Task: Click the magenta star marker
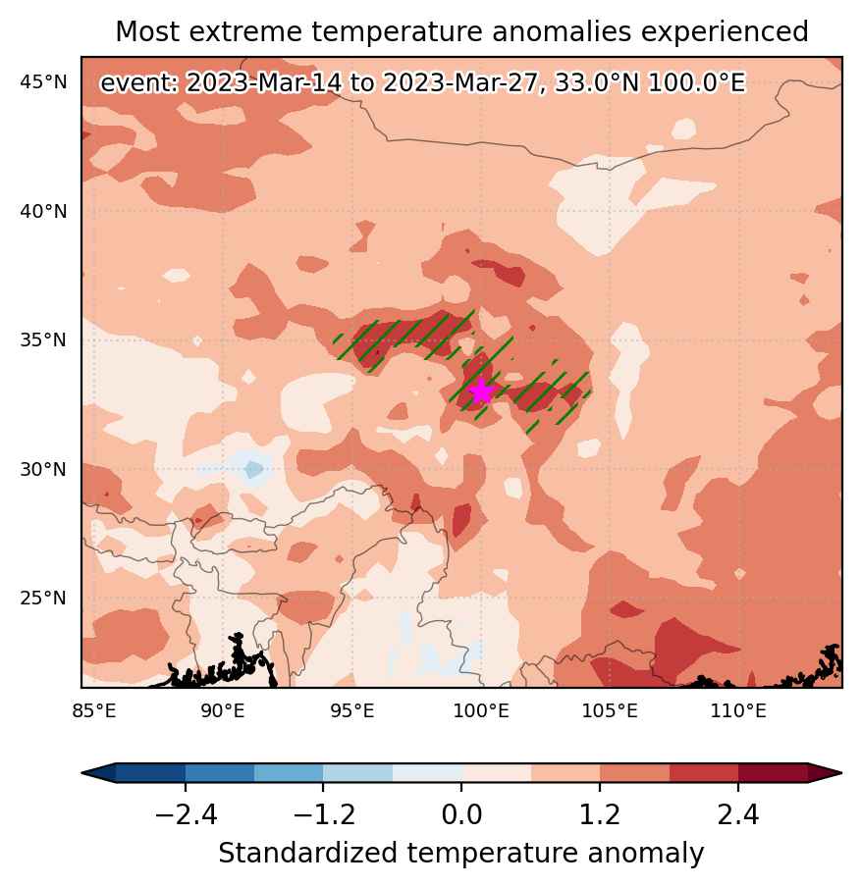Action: pos(481,391)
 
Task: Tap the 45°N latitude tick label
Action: pos(43,82)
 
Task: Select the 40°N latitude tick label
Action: pos(43,212)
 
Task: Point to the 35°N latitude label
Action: pos(43,340)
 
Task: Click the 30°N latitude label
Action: pos(43,470)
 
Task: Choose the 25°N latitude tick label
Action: pos(43,598)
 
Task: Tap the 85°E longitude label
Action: pos(94,710)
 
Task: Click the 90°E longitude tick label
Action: pos(223,710)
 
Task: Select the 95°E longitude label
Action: pos(352,710)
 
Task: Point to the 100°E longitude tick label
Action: pos(481,710)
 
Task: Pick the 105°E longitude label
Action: pos(611,710)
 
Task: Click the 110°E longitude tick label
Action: pos(738,710)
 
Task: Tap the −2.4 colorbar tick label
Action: pos(186,815)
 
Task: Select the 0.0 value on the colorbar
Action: pos(462,815)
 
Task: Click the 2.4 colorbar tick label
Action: pos(738,815)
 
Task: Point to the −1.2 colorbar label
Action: pos(324,815)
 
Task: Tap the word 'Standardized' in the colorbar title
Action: pos(307,853)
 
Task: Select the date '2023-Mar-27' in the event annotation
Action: pos(460,83)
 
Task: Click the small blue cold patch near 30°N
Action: pos(254,469)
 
